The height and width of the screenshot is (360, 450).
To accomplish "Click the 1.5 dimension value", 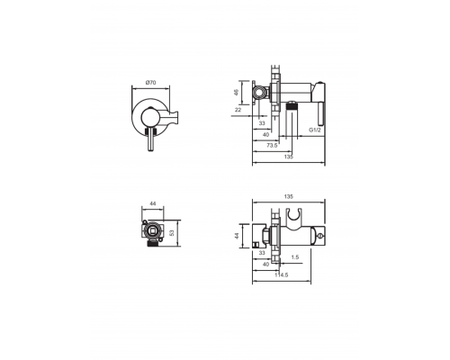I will pos(295,256).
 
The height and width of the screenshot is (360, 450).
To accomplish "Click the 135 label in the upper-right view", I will pos(288,155).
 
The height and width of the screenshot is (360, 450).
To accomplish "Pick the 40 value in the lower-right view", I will pos(265,265).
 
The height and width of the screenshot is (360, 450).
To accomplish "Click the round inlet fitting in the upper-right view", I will pos(262,91).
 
